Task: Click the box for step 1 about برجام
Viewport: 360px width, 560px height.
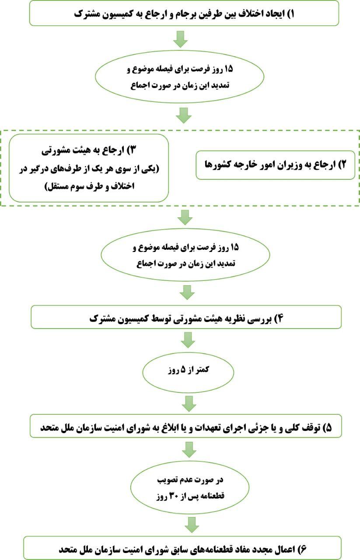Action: (184, 13)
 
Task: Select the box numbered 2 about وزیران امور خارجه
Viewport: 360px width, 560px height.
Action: (275, 165)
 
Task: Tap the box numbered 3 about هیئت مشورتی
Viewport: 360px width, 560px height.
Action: (89, 168)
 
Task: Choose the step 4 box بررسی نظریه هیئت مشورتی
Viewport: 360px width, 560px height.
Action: (186, 318)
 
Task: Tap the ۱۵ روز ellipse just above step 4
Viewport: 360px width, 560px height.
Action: (185, 255)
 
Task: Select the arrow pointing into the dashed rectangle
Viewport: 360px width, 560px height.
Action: (184, 116)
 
